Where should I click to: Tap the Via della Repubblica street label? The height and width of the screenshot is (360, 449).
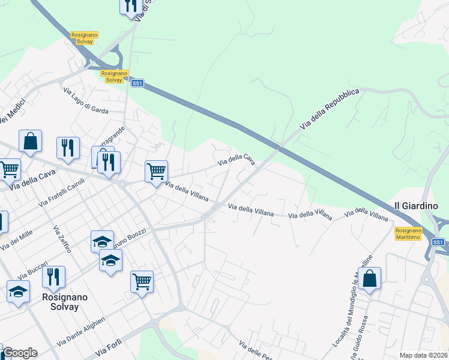(330, 109)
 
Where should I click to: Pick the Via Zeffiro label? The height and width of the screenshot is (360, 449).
(62, 239)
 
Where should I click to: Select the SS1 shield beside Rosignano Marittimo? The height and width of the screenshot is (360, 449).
(438, 242)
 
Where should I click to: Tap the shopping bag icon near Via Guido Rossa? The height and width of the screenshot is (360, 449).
(370, 279)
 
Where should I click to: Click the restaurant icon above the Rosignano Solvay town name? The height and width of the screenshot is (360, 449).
(53, 277)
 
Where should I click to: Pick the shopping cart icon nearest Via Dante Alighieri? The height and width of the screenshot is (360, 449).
(142, 281)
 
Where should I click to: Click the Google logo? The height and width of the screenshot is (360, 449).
(20, 353)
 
